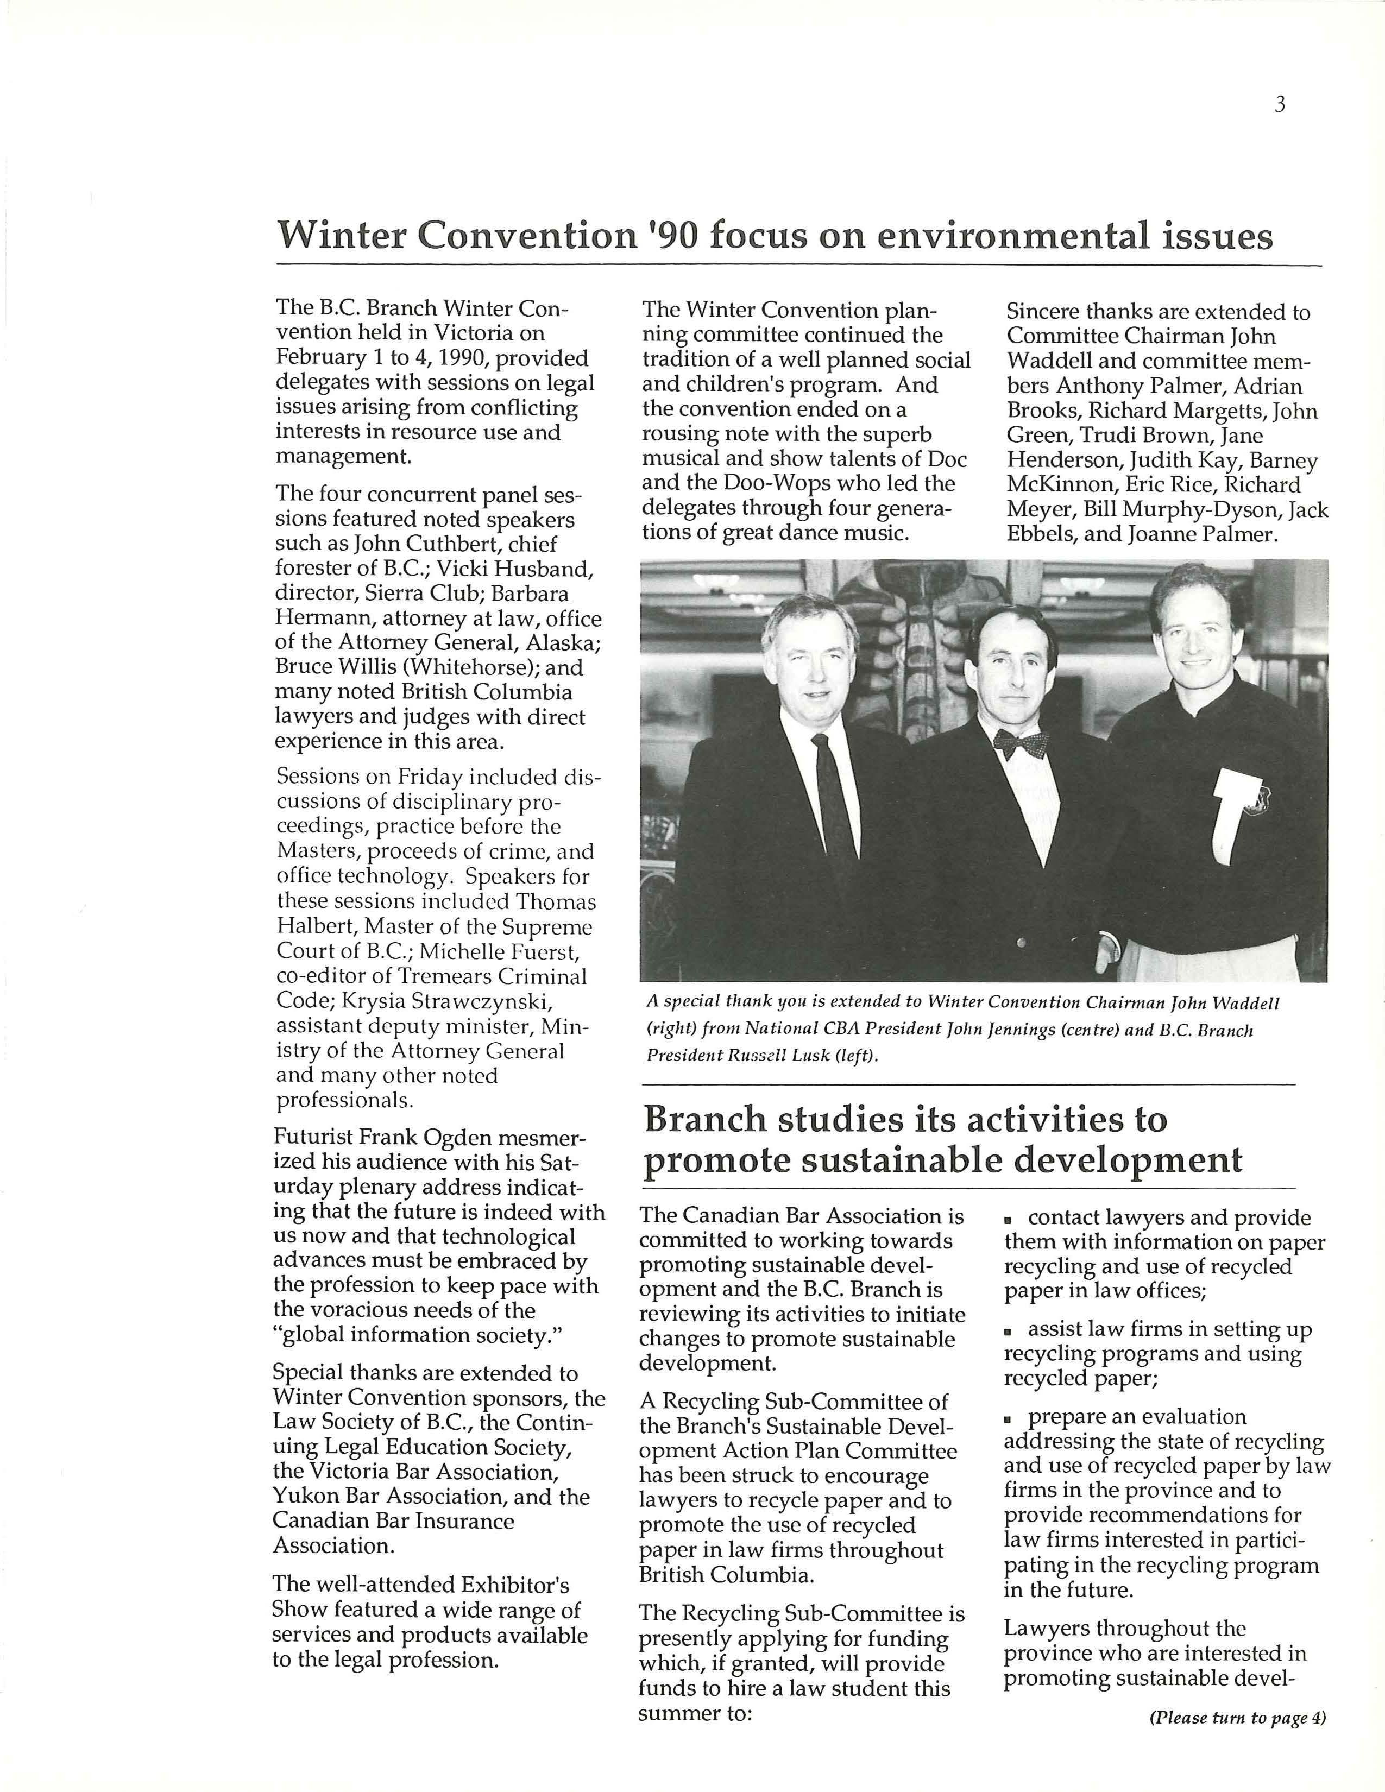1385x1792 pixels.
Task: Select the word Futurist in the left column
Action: pyautogui.click(x=312, y=1138)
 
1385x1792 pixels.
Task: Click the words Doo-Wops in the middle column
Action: pyautogui.click(x=771, y=483)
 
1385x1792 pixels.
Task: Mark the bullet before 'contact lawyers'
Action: pyautogui.click(x=1011, y=1220)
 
